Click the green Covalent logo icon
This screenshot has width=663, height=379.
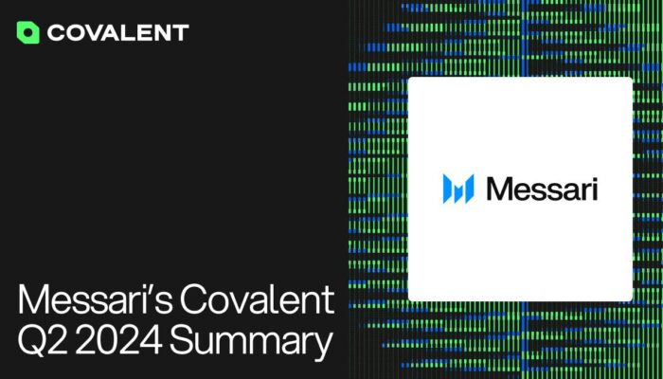tap(27, 32)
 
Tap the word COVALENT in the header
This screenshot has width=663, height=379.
tap(118, 32)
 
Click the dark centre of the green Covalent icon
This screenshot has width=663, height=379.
tap(27, 32)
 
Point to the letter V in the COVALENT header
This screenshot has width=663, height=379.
tap(97, 32)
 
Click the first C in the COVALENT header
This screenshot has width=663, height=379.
tap(56, 32)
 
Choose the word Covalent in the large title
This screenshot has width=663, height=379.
tap(257, 299)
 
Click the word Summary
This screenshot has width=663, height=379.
tap(251, 342)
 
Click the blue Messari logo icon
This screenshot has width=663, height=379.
tap(458, 189)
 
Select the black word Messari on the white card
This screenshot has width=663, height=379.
tap(542, 189)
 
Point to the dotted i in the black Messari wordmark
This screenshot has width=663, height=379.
tap(594, 189)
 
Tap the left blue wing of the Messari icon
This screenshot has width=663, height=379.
tap(448, 189)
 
